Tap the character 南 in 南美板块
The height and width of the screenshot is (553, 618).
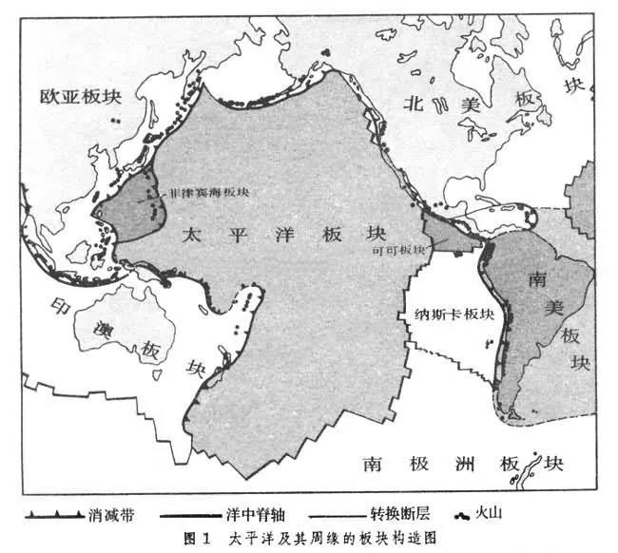coord(535,278)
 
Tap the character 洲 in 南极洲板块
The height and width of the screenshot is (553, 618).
coord(464,465)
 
